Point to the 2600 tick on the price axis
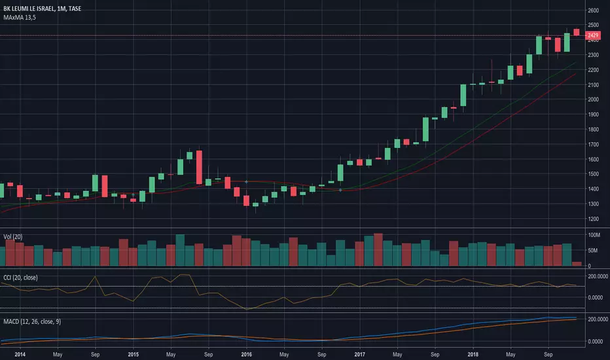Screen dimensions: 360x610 (x=594, y=10)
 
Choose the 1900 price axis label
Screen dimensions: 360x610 (x=594, y=115)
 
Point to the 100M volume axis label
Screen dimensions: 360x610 (x=594, y=234)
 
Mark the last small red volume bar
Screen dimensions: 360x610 (x=577, y=264)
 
